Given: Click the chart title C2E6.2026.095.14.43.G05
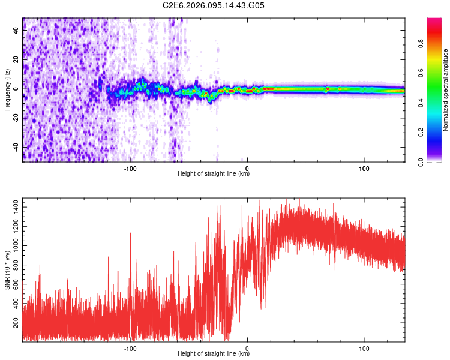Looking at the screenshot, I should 214,5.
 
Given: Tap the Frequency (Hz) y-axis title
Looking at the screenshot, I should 7,89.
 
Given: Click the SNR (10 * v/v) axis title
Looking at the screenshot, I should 7,269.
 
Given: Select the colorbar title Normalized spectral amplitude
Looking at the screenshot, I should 446,90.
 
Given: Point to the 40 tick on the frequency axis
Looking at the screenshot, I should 16,31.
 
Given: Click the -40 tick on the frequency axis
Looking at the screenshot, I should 16,147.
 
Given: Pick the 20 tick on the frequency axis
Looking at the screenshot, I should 16,60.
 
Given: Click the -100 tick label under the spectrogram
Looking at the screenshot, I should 131,168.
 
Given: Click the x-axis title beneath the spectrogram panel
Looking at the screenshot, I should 214,174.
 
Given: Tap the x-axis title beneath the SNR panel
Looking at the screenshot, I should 214,354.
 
